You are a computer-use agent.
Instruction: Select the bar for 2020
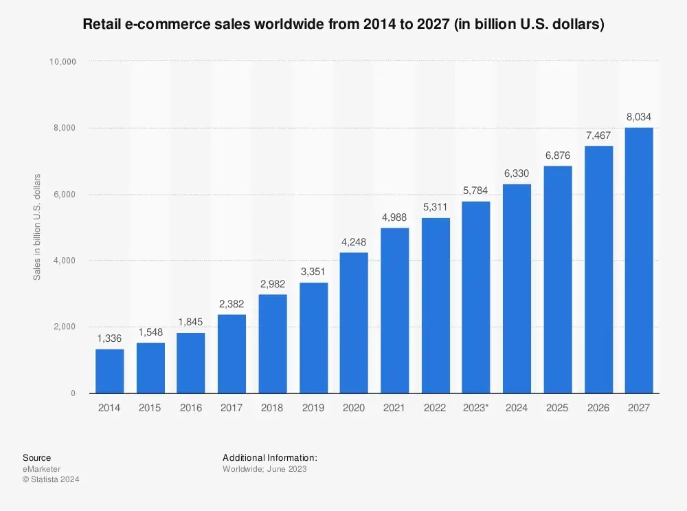354,323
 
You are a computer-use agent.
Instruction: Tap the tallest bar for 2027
639,261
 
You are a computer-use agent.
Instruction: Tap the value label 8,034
639,118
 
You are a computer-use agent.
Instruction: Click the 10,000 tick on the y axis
63,62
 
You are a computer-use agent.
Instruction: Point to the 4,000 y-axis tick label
65,261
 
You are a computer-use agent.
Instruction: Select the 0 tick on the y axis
72,393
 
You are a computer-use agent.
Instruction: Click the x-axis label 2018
272,408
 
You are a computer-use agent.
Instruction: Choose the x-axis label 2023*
476,408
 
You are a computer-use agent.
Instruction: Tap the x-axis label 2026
598,408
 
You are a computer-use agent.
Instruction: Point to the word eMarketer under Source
41,469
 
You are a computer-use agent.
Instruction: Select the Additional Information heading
270,457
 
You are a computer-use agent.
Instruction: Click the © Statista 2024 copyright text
51,479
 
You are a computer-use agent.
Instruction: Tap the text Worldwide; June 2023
264,469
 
